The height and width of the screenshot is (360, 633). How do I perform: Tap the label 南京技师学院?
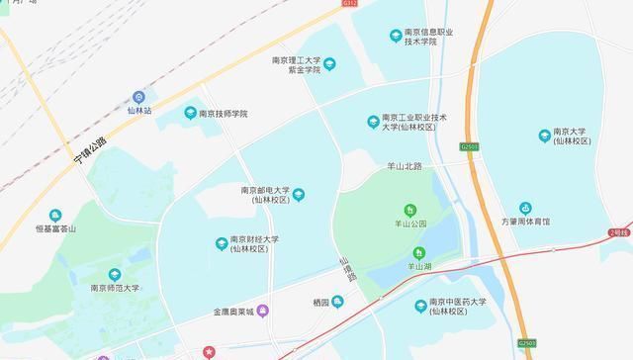[x=223, y=114]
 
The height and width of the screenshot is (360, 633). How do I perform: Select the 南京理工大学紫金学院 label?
[x=296, y=65]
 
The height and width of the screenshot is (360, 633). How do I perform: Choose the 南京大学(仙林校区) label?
[x=572, y=136]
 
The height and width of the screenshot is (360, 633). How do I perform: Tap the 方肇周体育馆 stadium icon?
[x=525, y=209]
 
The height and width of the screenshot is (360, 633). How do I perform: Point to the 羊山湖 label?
[x=418, y=267]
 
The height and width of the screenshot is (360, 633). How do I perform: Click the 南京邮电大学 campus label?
[x=264, y=195]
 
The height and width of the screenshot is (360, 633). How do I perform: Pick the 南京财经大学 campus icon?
[x=220, y=243]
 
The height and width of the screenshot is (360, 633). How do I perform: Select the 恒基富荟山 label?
[x=55, y=228]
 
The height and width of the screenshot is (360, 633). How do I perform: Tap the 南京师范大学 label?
[x=116, y=289]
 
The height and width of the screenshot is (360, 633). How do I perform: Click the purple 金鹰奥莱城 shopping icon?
[x=276, y=311]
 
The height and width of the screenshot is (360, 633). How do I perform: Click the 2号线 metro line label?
[x=620, y=230]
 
